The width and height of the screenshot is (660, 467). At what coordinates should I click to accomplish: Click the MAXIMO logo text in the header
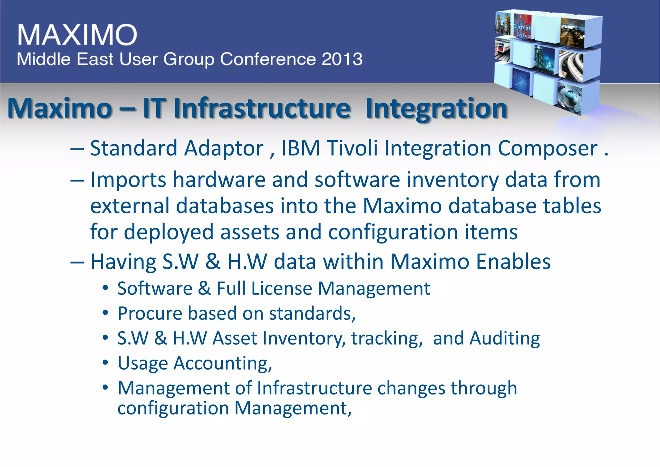tap(77, 35)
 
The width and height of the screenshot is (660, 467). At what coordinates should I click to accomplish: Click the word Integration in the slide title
tap(436, 109)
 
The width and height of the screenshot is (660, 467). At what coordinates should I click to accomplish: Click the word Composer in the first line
tap(547, 149)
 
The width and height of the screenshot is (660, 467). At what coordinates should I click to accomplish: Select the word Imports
tap(128, 180)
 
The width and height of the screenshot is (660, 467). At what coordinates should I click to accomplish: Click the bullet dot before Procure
tap(105, 313)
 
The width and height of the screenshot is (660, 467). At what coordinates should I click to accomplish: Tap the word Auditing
tap(504, 339)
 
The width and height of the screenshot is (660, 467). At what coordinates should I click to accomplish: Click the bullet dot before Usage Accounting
tap(105, 363)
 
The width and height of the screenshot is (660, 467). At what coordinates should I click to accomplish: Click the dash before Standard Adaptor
tap(77, 149)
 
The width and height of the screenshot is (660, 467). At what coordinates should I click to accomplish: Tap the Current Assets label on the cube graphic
tap(522, 31)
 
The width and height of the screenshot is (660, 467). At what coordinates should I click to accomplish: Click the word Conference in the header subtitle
tap(267, 59)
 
